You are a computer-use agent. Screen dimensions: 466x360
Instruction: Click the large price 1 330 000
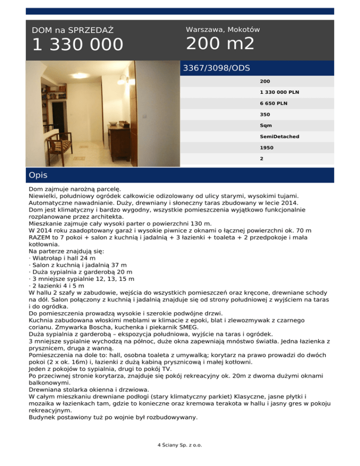click(x=78, y=45)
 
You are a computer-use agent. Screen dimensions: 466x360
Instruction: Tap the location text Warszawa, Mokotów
click(x=223, y=30)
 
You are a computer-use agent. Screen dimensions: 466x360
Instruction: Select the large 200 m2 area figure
click(x=220, y=44)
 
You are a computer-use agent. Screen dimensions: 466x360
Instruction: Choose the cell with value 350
click(x=265, y=114)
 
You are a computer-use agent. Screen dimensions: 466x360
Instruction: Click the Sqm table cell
click(x=266, y=125)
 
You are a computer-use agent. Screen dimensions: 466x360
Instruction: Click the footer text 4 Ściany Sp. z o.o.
click(x=180, y=445)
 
